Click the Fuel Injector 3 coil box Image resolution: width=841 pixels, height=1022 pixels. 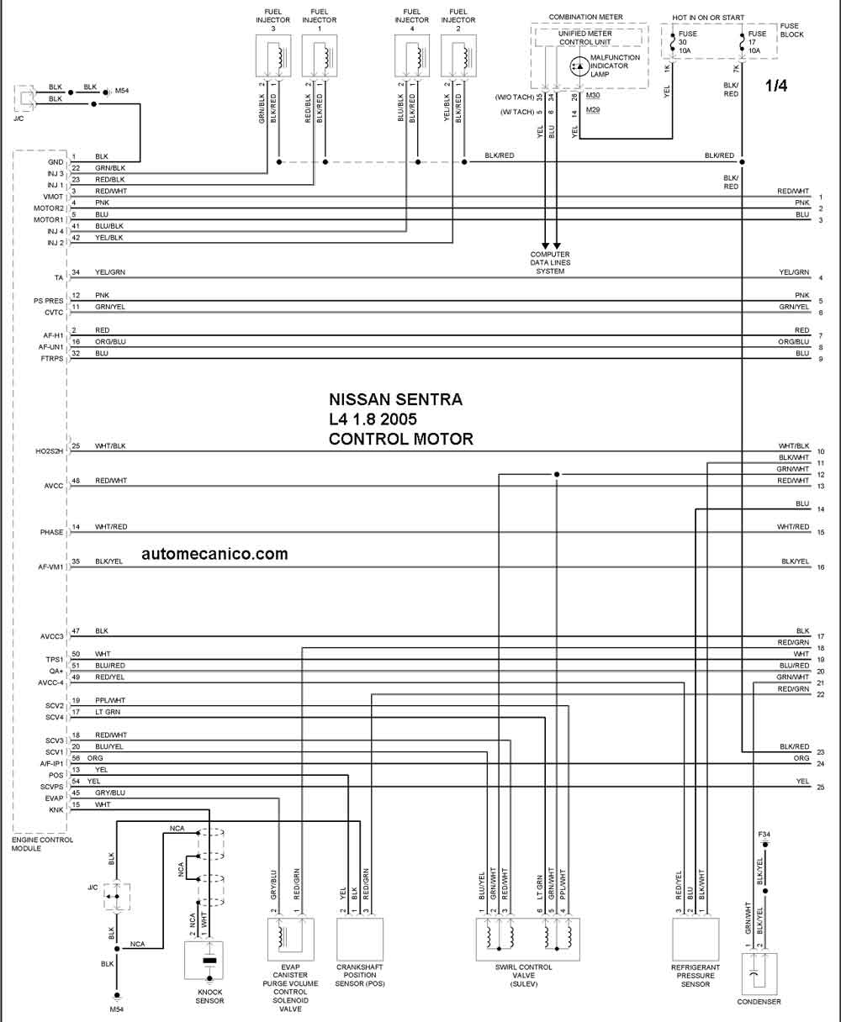click(x=273, y=55)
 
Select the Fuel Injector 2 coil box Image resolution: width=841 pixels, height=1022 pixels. click(x=458, y=55)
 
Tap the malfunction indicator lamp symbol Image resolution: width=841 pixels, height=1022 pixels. click(x=579, y=66)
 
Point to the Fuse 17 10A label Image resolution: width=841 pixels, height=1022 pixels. click(x=757, y=42)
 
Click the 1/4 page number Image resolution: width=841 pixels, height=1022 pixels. click(x=776, y=86)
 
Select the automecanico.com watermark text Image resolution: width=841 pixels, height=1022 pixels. click(x=214, y=553)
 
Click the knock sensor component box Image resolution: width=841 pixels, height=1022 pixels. click(x=204, y=961)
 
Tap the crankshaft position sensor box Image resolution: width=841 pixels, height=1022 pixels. click(x=360, y=939)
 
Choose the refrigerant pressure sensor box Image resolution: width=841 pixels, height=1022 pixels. click(x=696, y=939)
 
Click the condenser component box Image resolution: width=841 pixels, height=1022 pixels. click(x=759, y=974)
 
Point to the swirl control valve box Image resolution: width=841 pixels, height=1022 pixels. click(x=527, y=939)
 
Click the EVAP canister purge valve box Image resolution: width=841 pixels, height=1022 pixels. click(x=290, y=939)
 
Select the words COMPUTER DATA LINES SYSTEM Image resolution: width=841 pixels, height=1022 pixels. click(x=550, y=263)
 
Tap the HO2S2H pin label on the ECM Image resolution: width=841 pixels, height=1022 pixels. click(x=49, y=451)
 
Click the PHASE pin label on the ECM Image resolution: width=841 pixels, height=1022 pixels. click(x=51, y=532)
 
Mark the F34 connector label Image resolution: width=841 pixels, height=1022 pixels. click(x=764, y=834)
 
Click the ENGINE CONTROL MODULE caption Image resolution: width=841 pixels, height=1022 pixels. click(x=42, y=844)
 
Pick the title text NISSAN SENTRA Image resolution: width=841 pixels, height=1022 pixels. click(x=396, y=399)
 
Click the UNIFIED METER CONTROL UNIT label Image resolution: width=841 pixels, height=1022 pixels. click(x=585, y=38)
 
